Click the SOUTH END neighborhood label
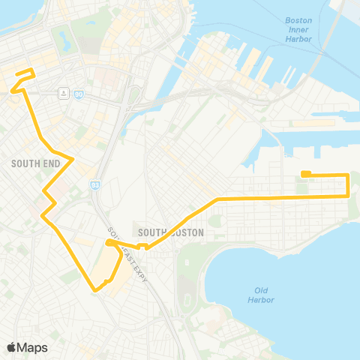click(x=30, y=162)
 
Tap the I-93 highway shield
click(x=95, y=184)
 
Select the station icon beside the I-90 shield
click(x=65, y=93)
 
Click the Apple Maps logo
click(x=28, y=347)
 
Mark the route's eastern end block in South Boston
click(x=306, y=175)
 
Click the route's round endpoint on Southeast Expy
click(x=109, y=243)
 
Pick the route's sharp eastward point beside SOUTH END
click(x=72, y=159)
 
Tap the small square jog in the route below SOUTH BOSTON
click(x=143, y=244)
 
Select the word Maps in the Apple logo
click(x=34, y=347)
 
